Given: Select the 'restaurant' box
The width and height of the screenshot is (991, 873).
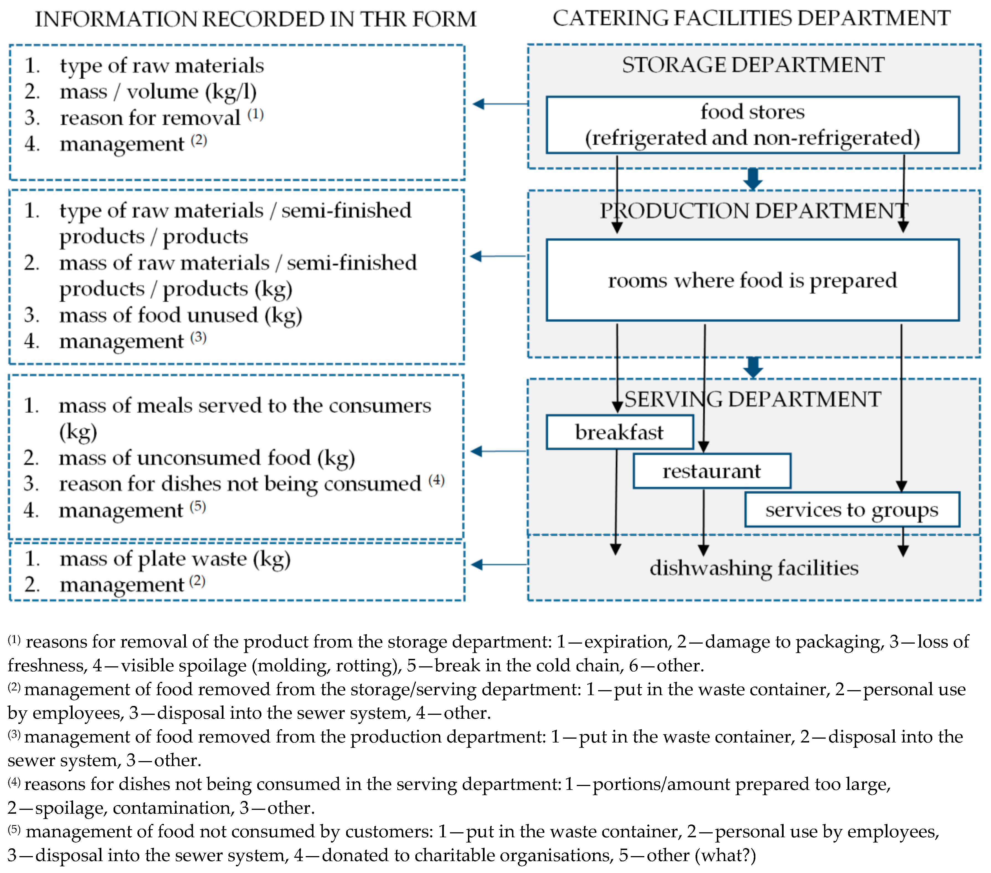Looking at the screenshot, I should (711, 470).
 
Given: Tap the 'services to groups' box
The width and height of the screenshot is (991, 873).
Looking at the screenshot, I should (851, 509).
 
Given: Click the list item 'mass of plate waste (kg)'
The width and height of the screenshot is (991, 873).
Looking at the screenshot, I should (174, 559).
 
